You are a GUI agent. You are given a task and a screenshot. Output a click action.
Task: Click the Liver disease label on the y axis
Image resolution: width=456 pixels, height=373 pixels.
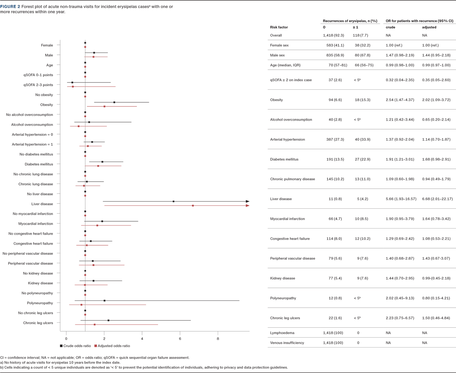43,204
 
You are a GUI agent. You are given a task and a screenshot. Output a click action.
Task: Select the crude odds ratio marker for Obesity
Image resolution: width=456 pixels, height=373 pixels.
114,102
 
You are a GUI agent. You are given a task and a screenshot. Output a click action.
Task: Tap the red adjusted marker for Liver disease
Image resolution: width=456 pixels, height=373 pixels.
193,206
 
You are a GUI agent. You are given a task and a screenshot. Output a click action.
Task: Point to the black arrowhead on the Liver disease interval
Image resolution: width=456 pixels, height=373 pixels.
247,201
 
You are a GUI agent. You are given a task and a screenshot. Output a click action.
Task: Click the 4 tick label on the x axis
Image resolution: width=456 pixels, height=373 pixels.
142,338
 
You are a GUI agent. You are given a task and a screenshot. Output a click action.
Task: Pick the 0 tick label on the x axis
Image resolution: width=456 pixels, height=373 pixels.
66,338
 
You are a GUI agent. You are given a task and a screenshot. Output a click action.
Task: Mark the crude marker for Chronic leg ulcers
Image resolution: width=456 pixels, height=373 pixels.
108,321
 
